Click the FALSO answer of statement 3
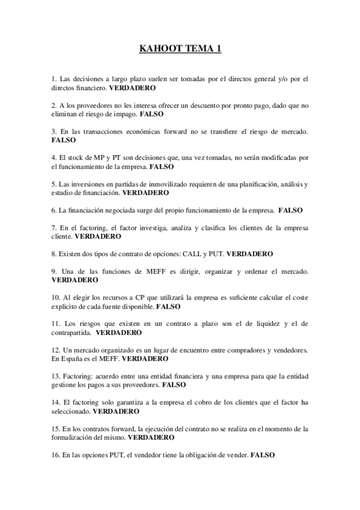[x=64, y=140]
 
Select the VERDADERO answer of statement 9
[x=75, y=280]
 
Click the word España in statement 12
[x=77, y=358]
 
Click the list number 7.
[x=54, y=228]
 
